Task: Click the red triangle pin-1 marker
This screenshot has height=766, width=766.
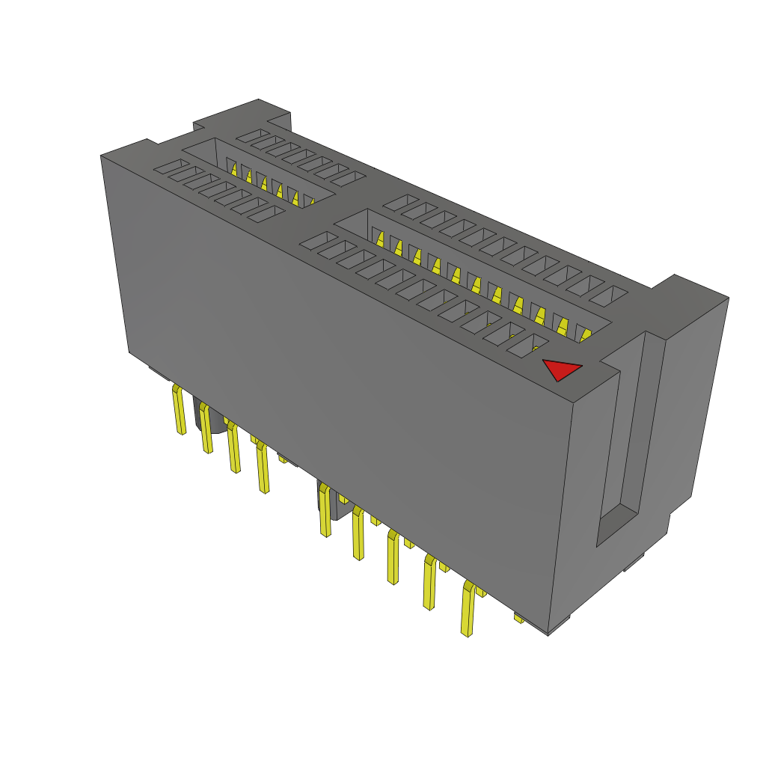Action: pos(560,370)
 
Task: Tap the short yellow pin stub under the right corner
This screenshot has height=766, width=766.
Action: pos(518,618)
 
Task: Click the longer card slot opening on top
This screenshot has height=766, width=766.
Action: pos(471,269)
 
